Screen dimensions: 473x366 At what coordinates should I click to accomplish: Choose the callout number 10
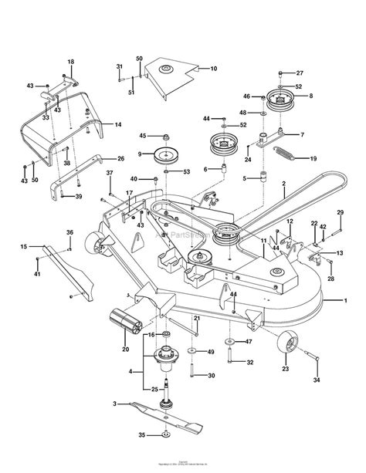(214, 69)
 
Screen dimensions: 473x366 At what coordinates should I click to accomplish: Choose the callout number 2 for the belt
(283, 184)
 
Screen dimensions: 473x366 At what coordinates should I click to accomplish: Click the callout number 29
(340, 212)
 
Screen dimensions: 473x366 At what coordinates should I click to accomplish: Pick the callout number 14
(118, 124)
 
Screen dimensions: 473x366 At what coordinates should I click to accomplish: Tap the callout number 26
(120, 158)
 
